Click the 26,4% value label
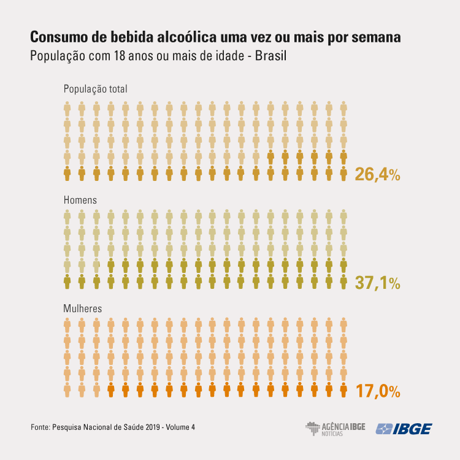pos(377,174)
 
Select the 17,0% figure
pos(377,390)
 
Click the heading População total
pos(95,89)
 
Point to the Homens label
pos(80,200)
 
